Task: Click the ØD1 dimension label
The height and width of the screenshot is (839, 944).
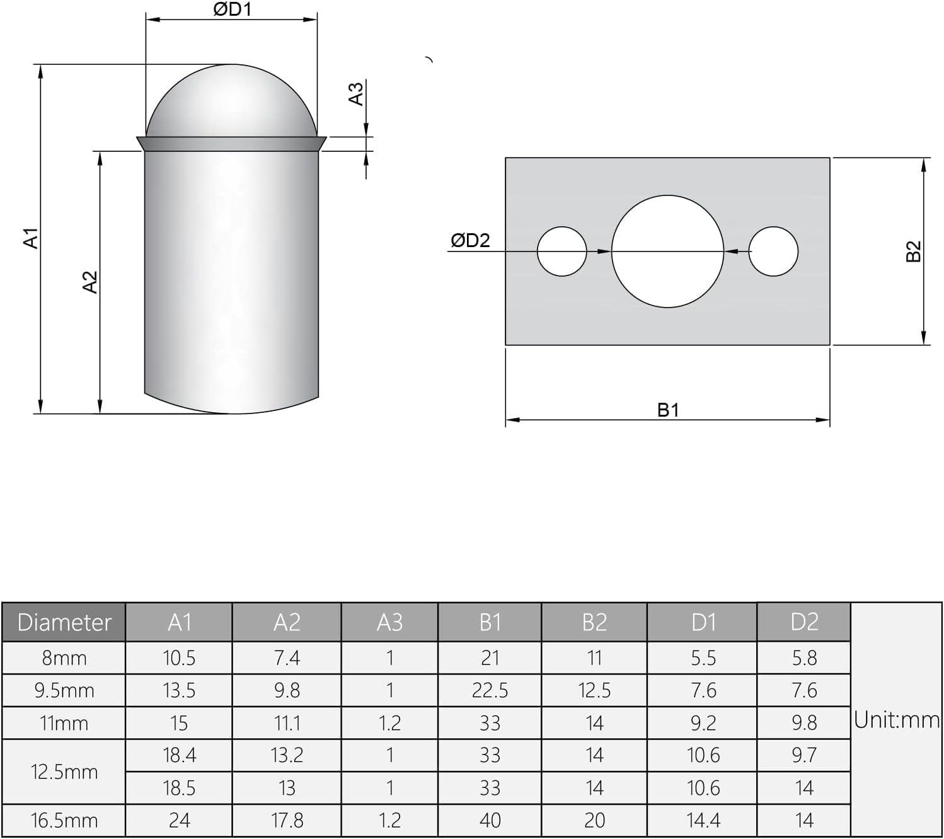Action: (x=232, y=9)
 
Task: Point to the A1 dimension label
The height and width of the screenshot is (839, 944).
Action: (x=31, y=238)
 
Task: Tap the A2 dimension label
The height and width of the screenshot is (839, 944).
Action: (x=90, y=282)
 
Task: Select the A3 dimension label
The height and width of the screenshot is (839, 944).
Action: (x=356, y=93)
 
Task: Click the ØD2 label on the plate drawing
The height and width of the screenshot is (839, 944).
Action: (x=470, y=240)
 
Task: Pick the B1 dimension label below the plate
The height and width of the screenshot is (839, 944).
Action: (x=668, y=410)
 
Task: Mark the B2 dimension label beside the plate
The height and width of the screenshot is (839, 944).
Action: (x=913, y=252)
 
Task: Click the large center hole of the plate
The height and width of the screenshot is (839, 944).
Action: (x=667, y=252)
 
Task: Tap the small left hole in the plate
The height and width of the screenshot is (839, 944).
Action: (x=561, y=252)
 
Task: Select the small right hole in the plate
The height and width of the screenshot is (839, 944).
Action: (x=773, y=252)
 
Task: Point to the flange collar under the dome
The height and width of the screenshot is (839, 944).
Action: (x=231, y=144)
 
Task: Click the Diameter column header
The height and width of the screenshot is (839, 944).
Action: (x=64, y=622)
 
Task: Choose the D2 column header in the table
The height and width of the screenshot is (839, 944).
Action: (x=804, y=622)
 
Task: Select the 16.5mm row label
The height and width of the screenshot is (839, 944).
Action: (x=64, y=820)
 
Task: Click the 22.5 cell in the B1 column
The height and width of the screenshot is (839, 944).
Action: (x=490, y=690)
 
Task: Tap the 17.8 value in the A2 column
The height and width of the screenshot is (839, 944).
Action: (x=287, y=820)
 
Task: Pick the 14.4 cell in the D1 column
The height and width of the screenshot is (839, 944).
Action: (x=703, y=820)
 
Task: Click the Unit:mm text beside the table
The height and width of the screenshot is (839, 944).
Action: (x=896, y=720)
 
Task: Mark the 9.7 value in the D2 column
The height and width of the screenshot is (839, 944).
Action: (x=804, y=755)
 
